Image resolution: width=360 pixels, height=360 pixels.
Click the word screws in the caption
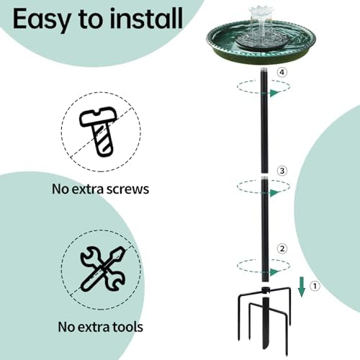[x=125, y=190]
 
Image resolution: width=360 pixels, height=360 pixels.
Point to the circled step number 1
[x=315, y=286]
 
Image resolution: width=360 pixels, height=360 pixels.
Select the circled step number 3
[x=282, y=171]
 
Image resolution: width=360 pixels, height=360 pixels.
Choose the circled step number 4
[x=282, y=73]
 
